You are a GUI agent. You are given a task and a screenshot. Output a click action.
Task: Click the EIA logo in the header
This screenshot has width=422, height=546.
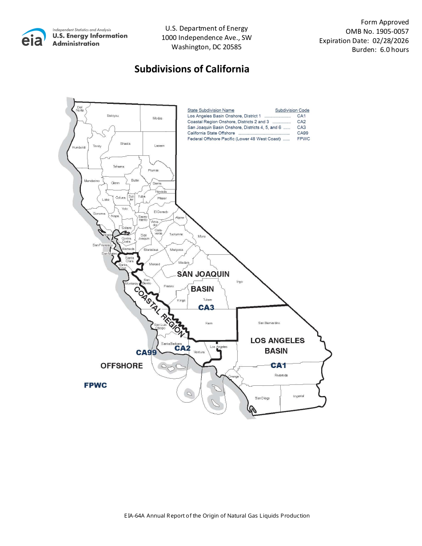point(33,37)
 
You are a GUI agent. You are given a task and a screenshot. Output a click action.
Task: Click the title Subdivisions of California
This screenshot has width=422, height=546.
point(191,69)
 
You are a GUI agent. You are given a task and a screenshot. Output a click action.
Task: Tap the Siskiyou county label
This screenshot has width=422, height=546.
point(113,116)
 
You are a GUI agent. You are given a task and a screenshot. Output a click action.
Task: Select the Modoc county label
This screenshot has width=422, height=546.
point(157,119)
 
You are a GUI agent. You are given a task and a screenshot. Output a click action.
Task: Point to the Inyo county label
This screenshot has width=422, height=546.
point(239,281)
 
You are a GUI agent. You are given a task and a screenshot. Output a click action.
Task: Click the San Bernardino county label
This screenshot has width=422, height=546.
point(269,323)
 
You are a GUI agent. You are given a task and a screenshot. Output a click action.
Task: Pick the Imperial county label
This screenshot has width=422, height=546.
point(299,396)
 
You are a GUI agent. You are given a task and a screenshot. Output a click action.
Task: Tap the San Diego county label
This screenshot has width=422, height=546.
point(262,398)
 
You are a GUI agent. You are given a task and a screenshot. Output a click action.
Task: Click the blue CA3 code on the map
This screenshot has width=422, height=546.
point(206,307)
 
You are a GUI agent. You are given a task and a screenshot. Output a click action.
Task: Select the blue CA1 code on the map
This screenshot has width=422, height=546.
point(279,365)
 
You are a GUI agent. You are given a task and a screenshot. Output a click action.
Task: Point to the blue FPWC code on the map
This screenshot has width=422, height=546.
point(96,385)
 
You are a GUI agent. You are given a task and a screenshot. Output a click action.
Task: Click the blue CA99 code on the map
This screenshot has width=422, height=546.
point(146,352)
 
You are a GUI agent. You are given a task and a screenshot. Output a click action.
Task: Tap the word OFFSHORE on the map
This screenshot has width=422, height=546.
point(122,366)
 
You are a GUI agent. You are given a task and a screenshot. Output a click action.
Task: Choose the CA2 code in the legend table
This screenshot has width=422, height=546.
point(302,122)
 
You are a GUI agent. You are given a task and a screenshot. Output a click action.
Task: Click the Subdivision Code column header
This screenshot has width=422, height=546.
point(292,111)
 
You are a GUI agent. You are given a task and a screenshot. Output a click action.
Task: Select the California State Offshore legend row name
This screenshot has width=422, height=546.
point(211,133)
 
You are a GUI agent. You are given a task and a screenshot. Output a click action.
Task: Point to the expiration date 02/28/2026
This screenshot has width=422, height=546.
point(390,40)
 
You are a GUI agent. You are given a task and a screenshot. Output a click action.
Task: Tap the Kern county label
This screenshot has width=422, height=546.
point(209,323)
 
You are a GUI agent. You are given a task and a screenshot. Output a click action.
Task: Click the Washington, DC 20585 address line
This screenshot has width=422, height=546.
point(207,47)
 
